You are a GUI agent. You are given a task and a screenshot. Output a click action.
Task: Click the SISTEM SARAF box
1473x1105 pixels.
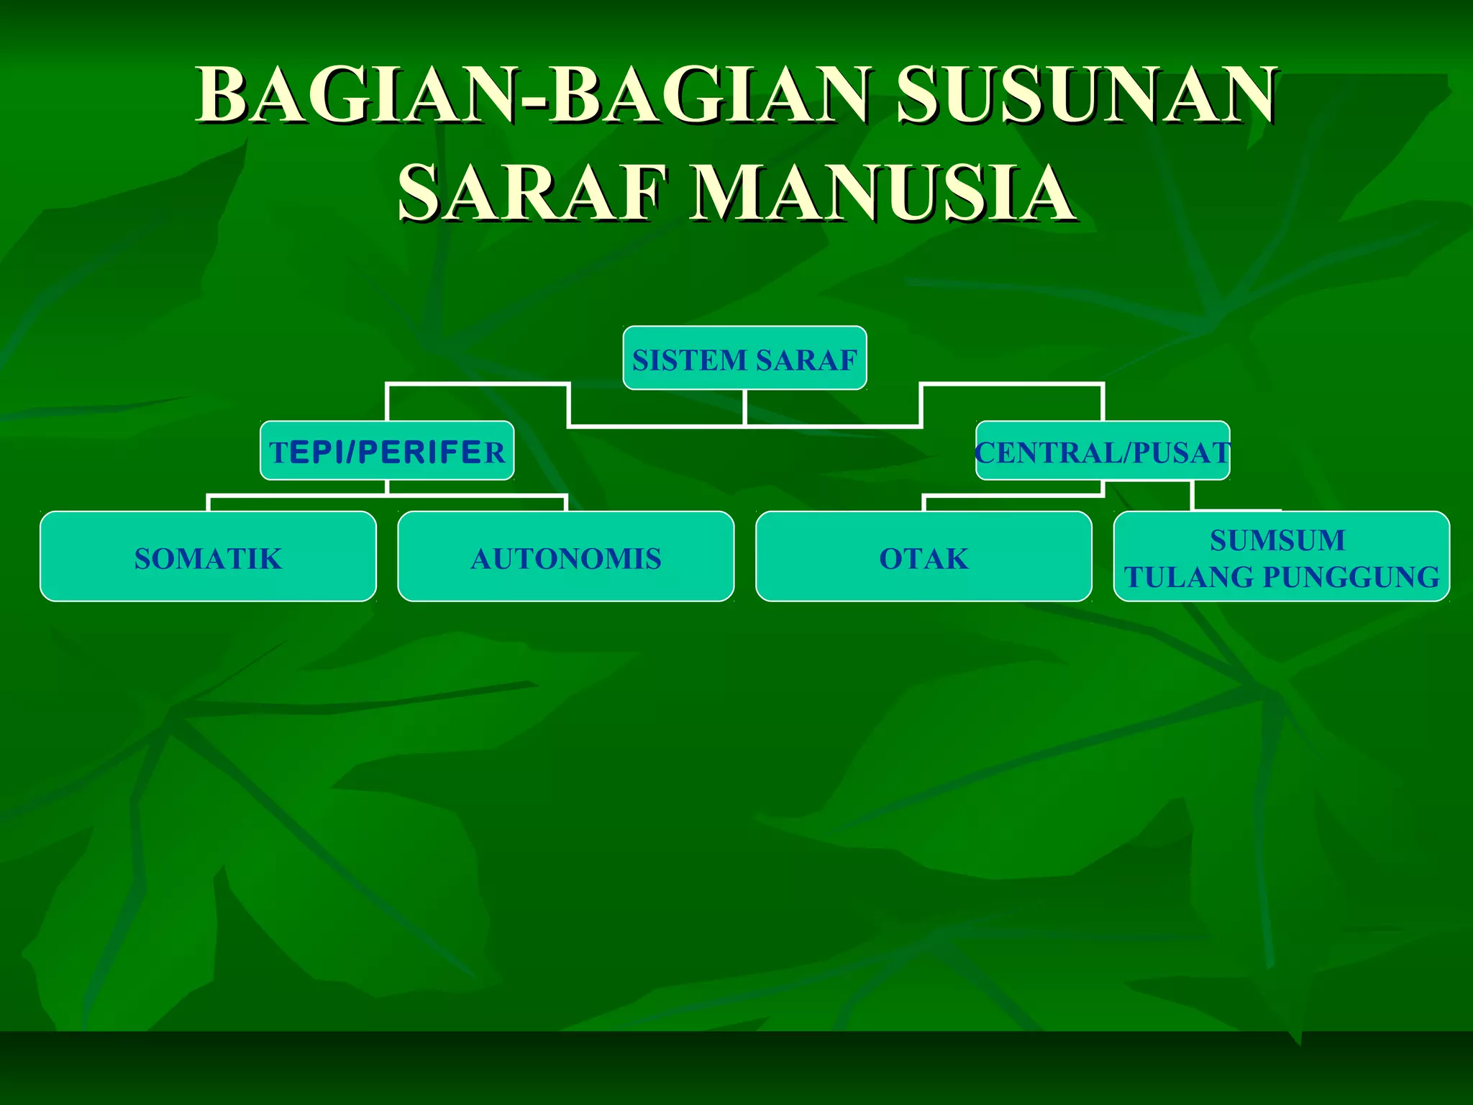[744, 358]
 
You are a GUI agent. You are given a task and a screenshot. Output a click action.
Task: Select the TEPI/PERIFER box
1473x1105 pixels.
[387, 451]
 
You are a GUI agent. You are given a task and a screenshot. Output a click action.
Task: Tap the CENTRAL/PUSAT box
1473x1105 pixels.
[1102, 451]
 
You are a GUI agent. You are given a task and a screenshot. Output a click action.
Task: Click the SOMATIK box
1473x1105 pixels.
[208, 557]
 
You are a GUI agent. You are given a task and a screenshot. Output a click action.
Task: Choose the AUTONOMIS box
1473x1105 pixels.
[566, 557]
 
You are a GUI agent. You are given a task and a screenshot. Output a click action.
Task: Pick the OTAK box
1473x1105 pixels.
[924, 557]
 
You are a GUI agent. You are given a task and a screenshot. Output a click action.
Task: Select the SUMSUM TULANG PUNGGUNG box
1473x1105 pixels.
[1281, 557]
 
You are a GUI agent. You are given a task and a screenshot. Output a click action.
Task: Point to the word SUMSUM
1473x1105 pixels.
[1277, 540]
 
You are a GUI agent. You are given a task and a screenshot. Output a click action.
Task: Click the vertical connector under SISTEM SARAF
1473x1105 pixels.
[744, 407]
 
